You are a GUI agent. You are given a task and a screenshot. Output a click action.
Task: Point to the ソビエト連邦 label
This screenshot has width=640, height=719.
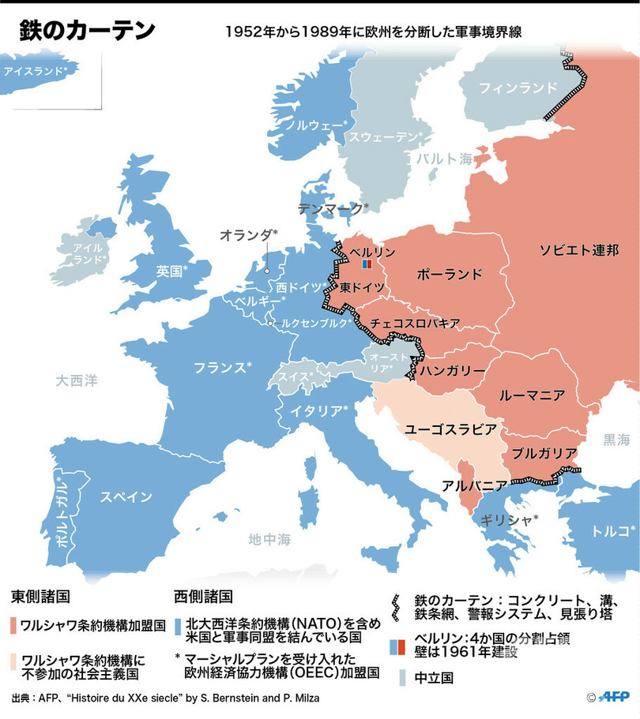pos(579,249)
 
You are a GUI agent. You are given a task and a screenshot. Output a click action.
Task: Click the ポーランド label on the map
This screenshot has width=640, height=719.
pos(449,274)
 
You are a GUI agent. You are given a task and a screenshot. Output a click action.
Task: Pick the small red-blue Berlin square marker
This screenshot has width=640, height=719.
pos(366,264)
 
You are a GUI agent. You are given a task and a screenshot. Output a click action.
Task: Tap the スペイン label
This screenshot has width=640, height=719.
pos(126,496)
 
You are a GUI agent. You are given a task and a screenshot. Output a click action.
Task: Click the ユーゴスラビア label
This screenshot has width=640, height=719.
pos(450,429)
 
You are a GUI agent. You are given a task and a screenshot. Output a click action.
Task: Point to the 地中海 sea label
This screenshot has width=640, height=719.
pos(269,540)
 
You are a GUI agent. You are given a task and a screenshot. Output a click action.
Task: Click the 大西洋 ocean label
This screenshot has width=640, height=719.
pos(77,381)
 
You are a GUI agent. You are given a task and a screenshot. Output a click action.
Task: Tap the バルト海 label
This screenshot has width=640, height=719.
pos(443,159)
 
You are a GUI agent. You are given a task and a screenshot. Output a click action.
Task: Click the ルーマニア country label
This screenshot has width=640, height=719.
pos(531,394)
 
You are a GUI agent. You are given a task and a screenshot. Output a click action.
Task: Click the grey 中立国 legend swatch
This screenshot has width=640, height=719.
pos(403,677)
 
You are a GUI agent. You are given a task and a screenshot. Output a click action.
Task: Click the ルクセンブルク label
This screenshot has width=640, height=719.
pos(311,323)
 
